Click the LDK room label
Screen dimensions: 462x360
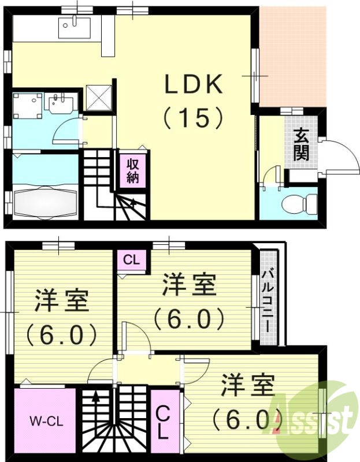tap(194, 85)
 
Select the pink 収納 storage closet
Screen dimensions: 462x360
tap(133, 169)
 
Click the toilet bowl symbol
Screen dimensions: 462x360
tap(299, 203)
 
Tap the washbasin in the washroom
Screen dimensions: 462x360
tap(60, 105)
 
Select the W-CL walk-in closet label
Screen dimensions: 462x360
tap(43, 420)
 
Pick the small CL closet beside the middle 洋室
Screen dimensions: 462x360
tap(132, 260)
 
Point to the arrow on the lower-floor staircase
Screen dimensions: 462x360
tap(133, 202)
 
